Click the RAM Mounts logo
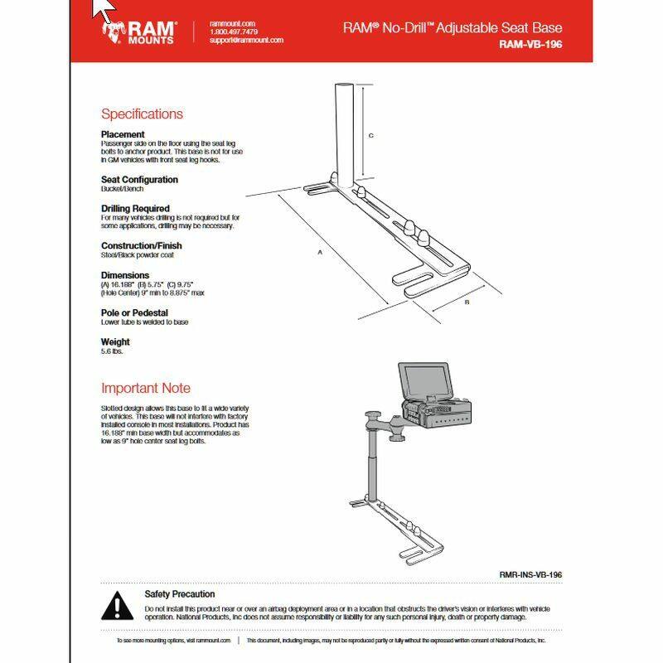[138, 33]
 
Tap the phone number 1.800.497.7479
[234, 32]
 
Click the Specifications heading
[142, 114]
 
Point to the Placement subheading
[123, 134]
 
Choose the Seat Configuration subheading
[139, 180]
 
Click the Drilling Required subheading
[135, 209]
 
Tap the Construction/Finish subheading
[141, 246]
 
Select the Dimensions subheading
[125, 275]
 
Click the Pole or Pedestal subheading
[134, 312]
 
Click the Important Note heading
[145, 388]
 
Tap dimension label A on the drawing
[319, 254]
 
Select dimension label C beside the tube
[371, 135]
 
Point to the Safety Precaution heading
[180, 594]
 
